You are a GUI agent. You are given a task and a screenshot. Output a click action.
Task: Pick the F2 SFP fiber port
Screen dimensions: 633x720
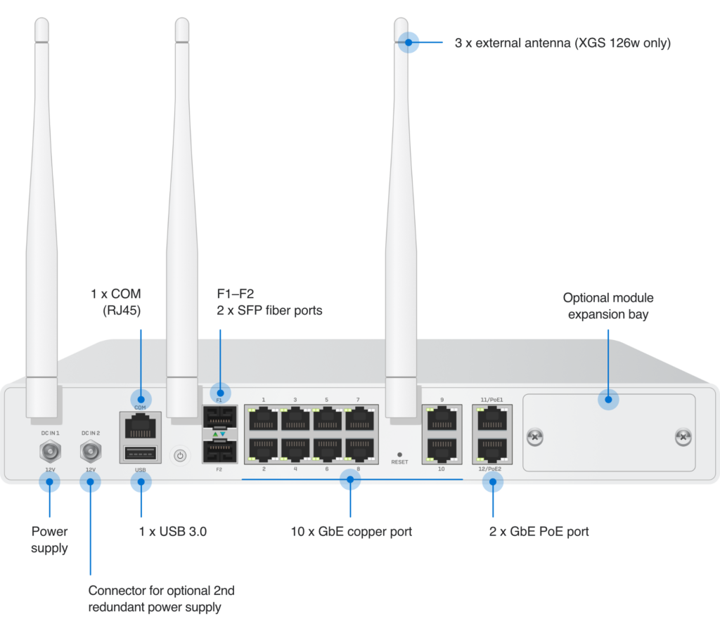coord(219,450)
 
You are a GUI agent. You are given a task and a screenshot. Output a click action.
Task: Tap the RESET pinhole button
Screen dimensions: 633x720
coord(399,455)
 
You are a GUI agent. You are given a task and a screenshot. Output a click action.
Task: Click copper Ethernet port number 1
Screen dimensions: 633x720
coord(263,419)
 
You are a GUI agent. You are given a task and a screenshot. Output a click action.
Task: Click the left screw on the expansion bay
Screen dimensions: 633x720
coord(536,438)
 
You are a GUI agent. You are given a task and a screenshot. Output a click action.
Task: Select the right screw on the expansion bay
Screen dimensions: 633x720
coord(683,438)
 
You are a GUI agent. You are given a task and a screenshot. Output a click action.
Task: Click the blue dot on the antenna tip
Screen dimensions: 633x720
coord(408,43)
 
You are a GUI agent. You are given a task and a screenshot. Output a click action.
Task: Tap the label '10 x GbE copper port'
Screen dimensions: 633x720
coord(351,532)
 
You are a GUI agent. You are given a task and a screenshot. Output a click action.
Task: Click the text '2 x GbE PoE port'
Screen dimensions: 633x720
coord(539,532)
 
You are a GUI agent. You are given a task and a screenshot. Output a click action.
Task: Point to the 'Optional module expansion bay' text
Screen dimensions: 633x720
coord(607,306)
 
